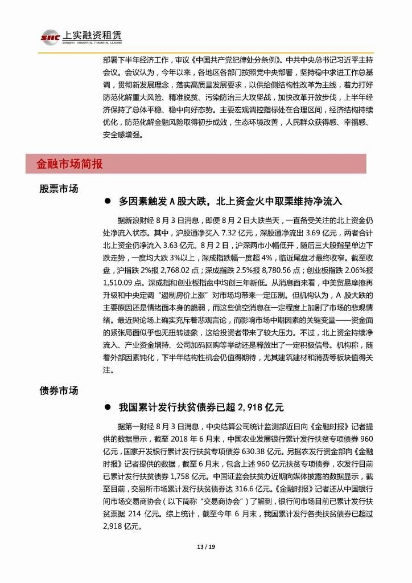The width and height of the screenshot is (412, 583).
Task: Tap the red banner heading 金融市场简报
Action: click(x=70, y=164)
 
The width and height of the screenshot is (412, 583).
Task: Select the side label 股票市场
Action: click(x=59, y=189)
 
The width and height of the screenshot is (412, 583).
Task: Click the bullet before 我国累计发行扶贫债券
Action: click(x=106, y=408)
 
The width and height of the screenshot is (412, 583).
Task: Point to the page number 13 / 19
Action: click(x=207, y=548)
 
